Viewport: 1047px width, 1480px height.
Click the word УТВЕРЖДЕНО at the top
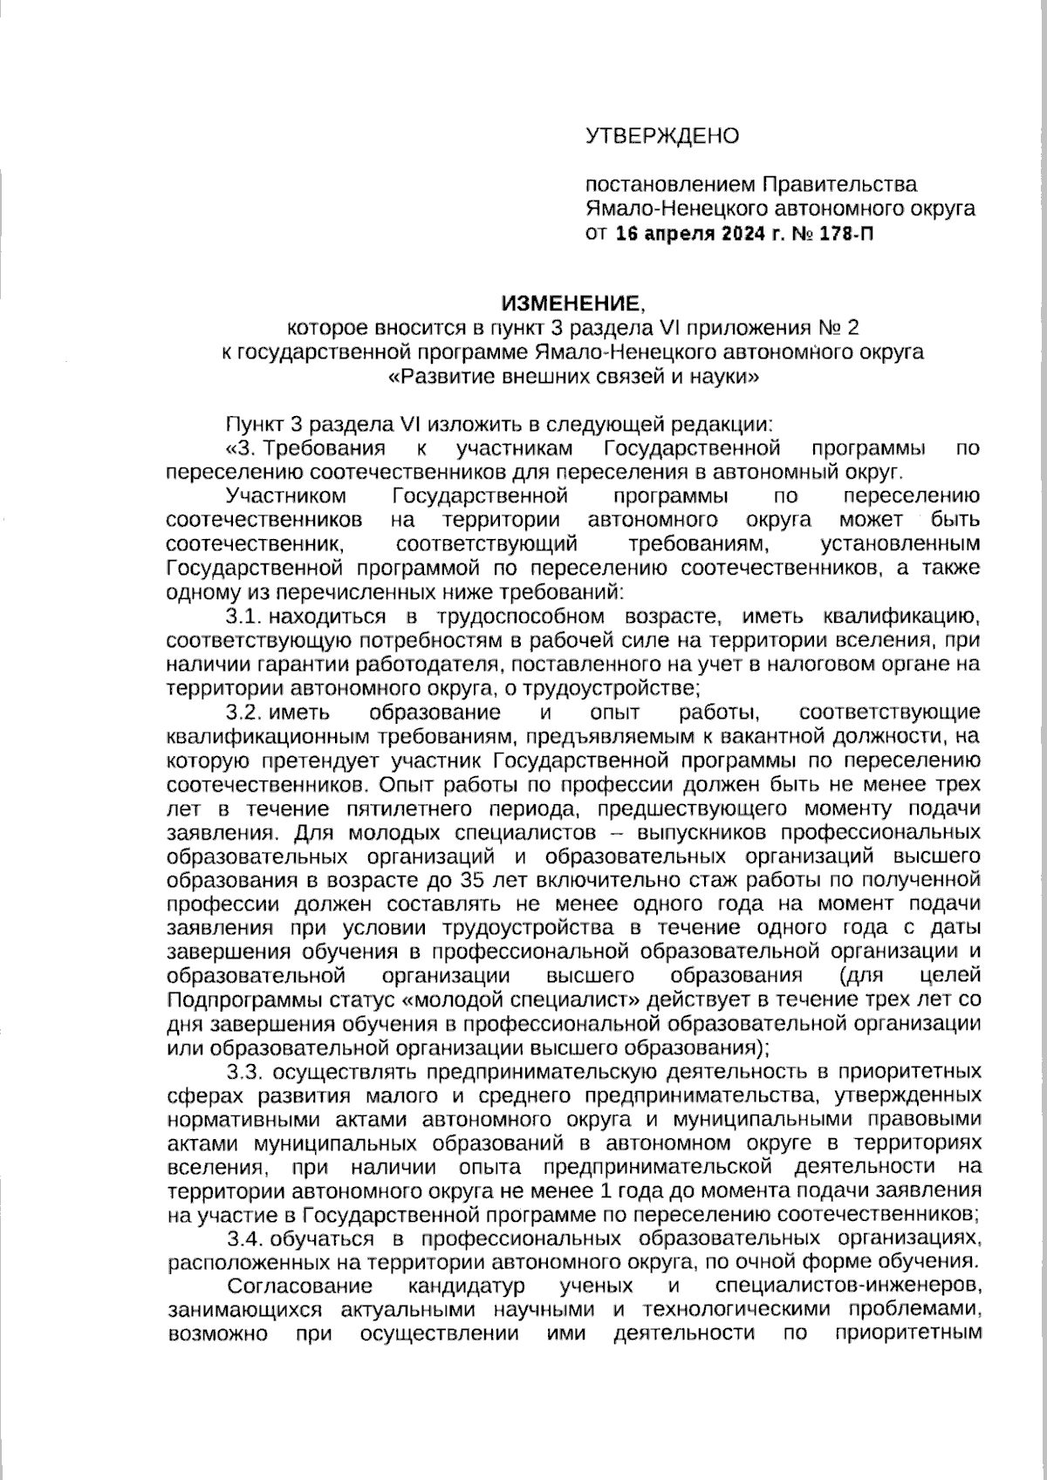pyautogui.click(x=661, y=136)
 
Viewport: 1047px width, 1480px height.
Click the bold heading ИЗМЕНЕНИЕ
pyautogui.click(x=570, y=304)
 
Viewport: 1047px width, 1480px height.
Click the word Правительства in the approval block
pyautogui.click(x=839, y=185)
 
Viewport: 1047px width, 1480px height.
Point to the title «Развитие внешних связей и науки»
pyautogui.click(x=570, y=378)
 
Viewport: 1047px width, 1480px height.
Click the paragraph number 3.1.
pyautogui.click(x=244, y=617)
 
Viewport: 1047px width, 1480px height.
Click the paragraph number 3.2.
pyautogui.click(x=244, y=713)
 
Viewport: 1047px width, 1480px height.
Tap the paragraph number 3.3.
pyautogui.click(x=245, y=1070)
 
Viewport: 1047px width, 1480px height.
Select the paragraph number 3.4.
pyautogui.click(x=244, y=1238)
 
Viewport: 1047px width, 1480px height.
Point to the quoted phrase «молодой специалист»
pyautogui.click(x=517, y=999)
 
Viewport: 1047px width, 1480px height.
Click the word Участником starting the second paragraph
pyautogui.click(x=285, y=496)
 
